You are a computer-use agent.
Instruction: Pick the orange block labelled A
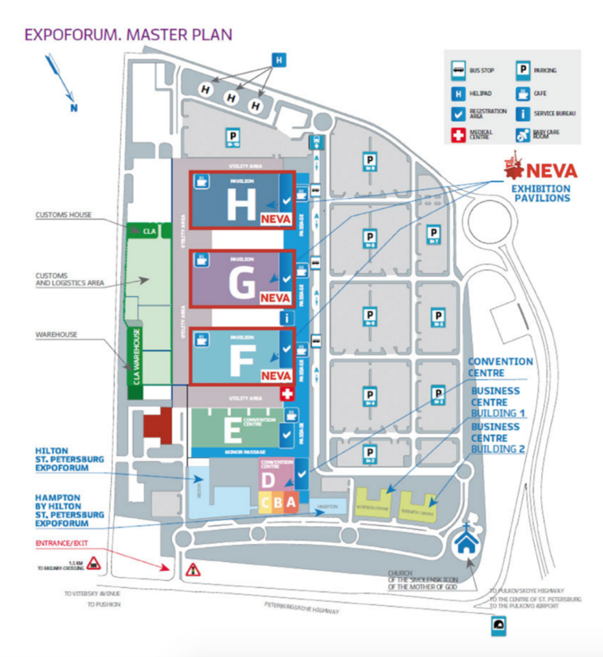291,502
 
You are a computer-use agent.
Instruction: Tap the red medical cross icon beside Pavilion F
287,394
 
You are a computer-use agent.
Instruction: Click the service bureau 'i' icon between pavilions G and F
287,317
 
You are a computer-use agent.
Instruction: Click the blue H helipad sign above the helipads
278,60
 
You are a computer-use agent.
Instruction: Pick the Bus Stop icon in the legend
458,70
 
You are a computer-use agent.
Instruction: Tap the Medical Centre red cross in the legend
458,135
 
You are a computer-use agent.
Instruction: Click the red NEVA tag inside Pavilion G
275,298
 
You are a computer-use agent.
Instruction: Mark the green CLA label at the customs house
149,231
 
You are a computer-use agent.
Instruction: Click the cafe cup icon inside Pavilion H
202,182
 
